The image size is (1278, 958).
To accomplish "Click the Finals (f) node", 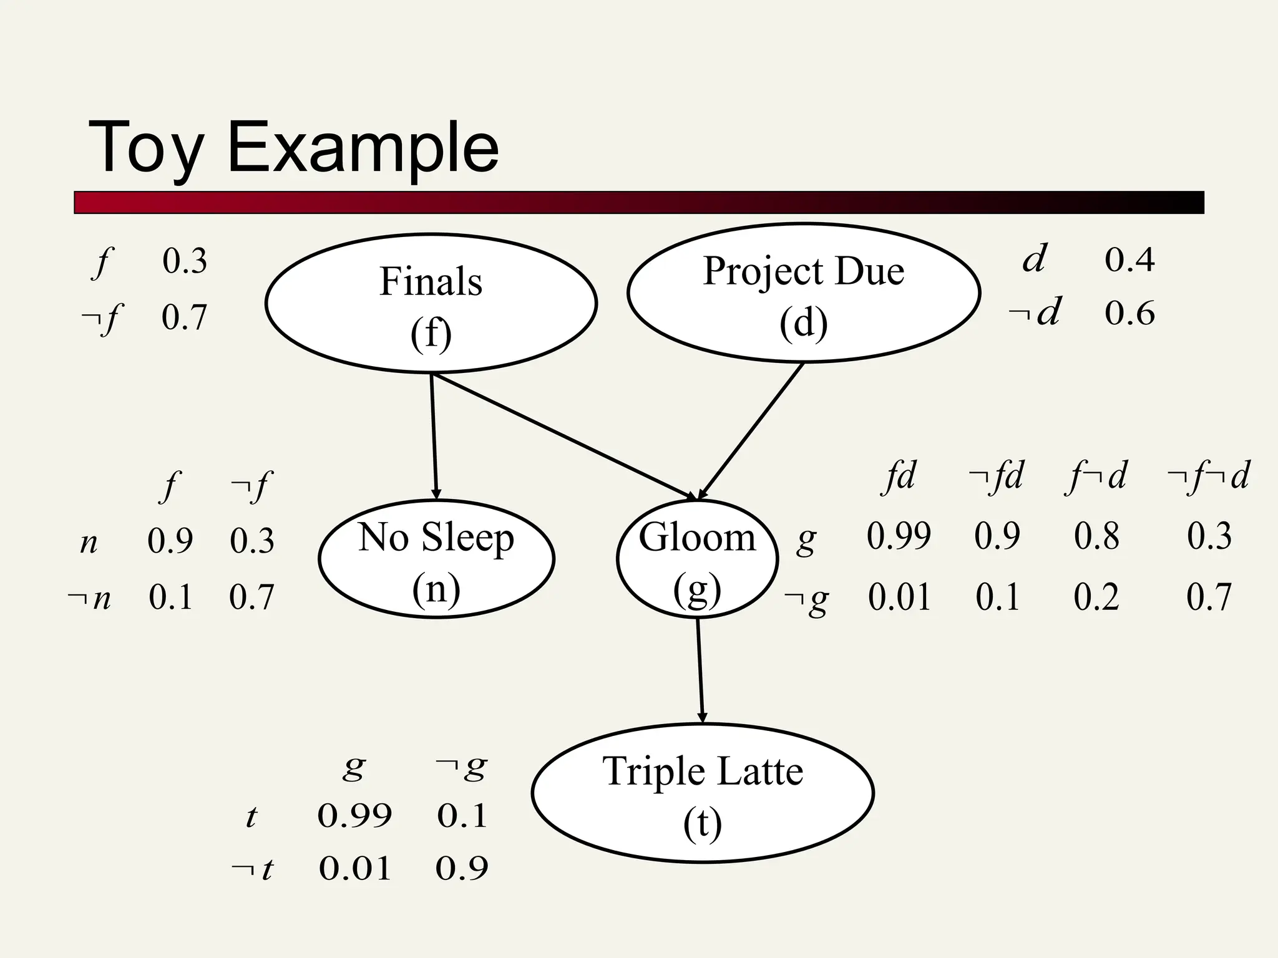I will pos(431,304).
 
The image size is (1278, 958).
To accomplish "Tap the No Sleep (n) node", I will pos(436,559).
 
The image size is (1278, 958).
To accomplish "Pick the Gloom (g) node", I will pos(697,559).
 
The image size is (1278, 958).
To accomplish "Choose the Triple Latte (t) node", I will pos(703,793).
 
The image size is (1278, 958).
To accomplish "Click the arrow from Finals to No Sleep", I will pos(434,437).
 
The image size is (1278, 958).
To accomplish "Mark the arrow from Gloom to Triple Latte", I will pos(700,670).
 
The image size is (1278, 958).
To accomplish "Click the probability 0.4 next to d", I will pos(1129,259).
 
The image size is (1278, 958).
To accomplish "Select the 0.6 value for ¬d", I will pos(1129,313).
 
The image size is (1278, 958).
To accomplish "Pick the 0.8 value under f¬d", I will pos(1096,536).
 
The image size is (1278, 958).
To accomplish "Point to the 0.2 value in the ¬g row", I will pos(1096,597).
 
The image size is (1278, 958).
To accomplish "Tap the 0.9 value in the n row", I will pos(170,540).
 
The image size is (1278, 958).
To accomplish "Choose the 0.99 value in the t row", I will pos(354,815).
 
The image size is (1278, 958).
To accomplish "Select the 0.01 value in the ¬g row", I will pos(899,597).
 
